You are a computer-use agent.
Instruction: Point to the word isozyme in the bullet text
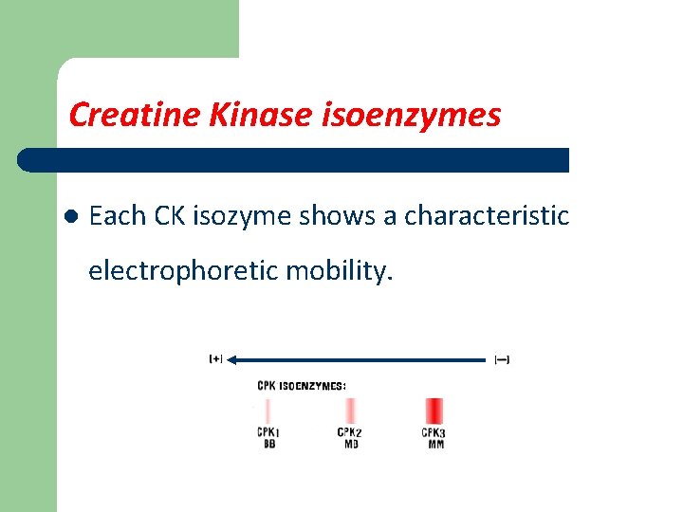pyautogui.click(x=242, y=216)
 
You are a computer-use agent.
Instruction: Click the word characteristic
pyautogui.click(x=487, y=216)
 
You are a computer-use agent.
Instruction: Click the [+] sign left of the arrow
pyautogui.click(x=215, y=359)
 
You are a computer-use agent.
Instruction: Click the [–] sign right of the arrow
pyautogui.click(x=502, y=359)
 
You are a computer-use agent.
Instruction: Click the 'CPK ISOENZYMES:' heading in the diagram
pyautogui.click(x=302, y=386)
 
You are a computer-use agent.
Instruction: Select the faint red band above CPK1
pyautogui.click(x=268, y=411)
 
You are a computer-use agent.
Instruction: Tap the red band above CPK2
pyautogui.click(x=351, y=411)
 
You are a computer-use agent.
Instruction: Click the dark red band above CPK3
pyautogui.click(x=434, y=411)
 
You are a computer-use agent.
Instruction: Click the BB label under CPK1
pyautogui.click(x=269, y=444)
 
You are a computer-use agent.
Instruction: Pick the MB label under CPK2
pyautogui.click(x=351, y=444)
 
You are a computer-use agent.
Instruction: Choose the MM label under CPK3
pyautogui.click(x=435, y=444)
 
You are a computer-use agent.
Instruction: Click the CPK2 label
pyautogui.click(x=350, y=432)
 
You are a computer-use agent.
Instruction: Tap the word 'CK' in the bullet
pyautogui.click(x=172, y=216)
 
